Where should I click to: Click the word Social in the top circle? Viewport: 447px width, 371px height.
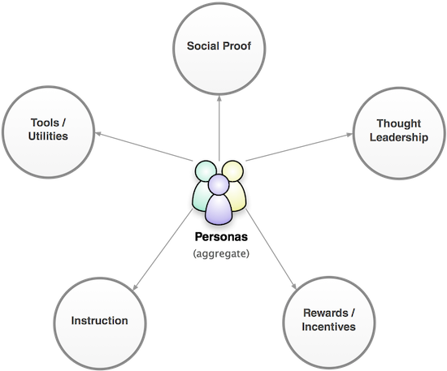(x=202, y=46)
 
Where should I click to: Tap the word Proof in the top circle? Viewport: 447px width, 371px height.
(x=237, y=46)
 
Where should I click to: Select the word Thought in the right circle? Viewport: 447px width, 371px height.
(x=398, y=123)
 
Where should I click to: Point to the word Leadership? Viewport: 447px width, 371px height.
(x=399, y=137)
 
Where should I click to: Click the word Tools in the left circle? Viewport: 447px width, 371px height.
(x=44, y=123)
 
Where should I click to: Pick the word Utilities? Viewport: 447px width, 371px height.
(x=48, y=136)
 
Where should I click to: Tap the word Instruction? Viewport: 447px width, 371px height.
(x=99, y=321)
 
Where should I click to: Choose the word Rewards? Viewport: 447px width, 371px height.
(x=326, y=313)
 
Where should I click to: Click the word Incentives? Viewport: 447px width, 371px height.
(x=328, y=326)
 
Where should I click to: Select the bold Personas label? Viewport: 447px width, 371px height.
(x=221, y=237)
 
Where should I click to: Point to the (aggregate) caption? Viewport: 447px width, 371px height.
(x=221, y=253)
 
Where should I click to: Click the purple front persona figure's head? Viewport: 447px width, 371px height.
(x=219, y=184)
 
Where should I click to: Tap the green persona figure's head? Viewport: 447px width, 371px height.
(x=205, y=170)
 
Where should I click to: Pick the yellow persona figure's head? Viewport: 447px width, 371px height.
(x=233, y=170)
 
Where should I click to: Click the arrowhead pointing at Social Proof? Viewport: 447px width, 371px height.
(x=219, y=98)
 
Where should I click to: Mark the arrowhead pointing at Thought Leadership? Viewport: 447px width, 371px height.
(x=349, y=135)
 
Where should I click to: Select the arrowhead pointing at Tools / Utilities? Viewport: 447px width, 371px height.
(x=98, y=133)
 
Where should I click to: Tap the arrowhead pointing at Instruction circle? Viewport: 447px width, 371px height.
(x=136, y=287)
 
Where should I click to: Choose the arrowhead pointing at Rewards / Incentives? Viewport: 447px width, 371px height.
(x=294, y=286)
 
